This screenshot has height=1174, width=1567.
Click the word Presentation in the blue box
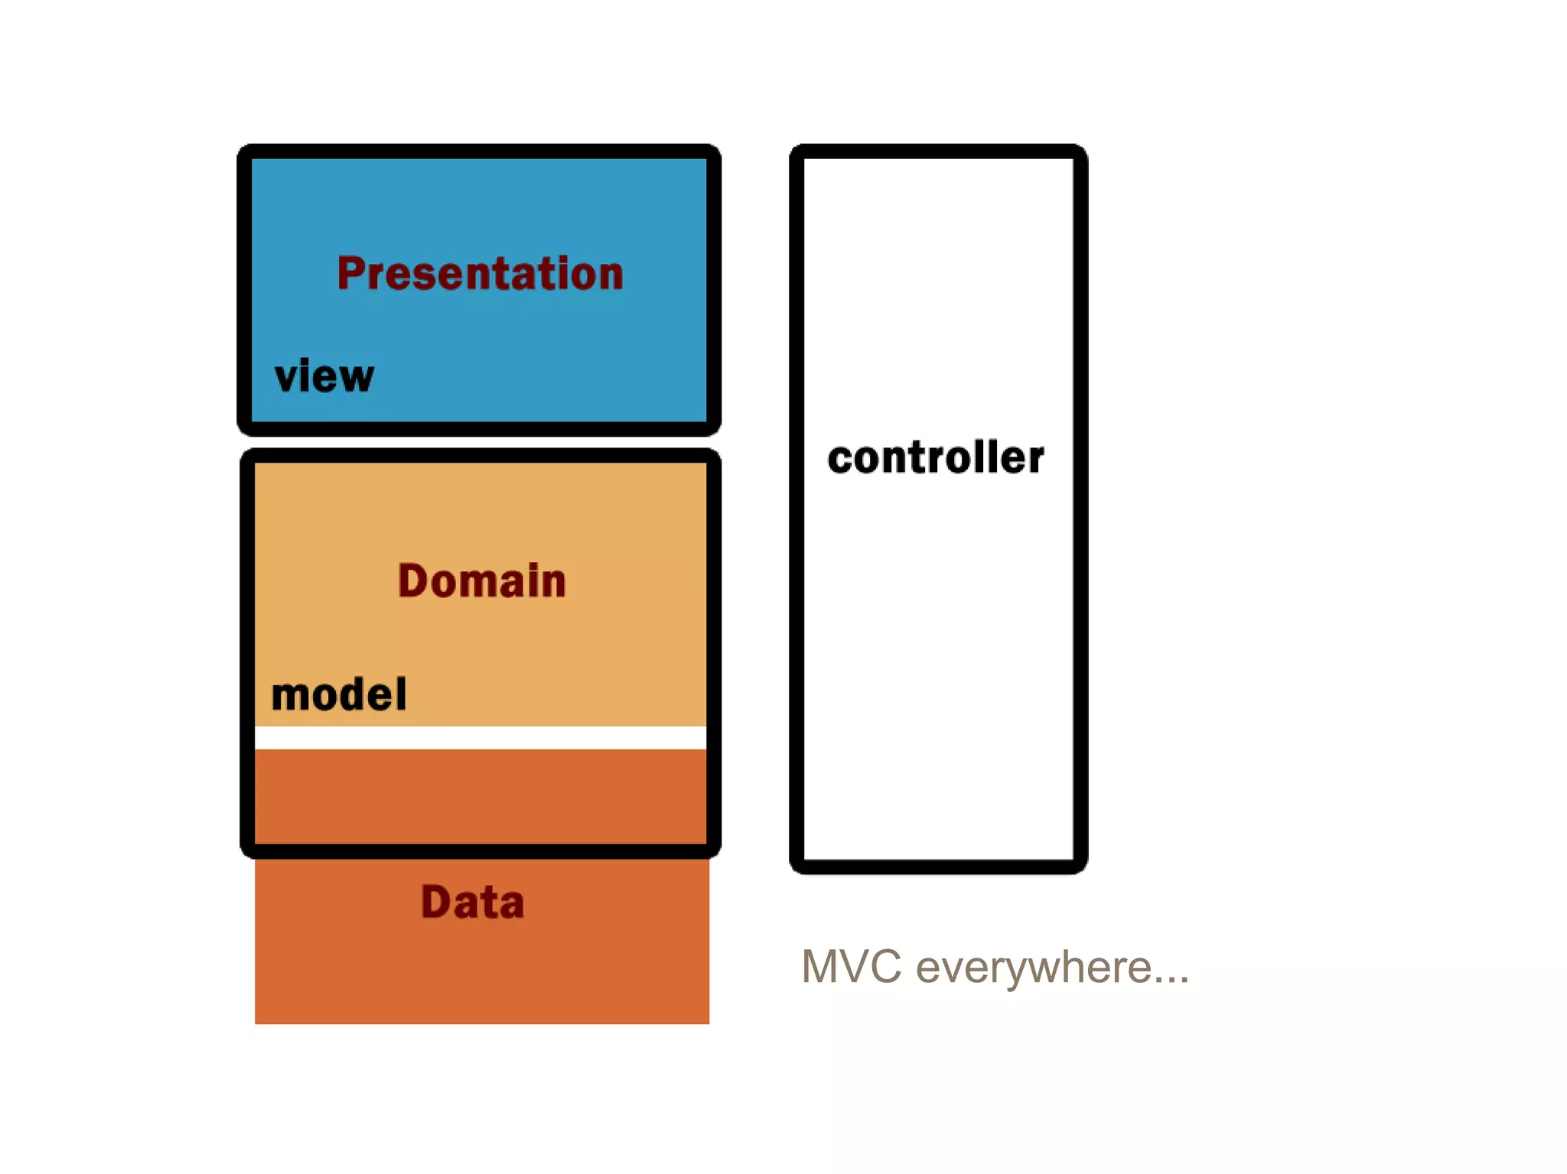pos(480,274)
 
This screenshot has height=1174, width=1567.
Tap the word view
pos(324,376)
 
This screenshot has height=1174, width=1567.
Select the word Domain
pos(481,580)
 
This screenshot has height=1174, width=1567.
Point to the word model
pos(339,694)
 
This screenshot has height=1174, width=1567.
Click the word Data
pos(472,902)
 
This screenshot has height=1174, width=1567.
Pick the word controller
pos(935,458)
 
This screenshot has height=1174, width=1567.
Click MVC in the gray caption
pos(851,967)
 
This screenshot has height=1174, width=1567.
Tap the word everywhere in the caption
pos(1033,968)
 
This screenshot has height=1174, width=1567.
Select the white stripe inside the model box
pos(480,737)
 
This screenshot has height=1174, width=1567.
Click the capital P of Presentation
pos(350,274)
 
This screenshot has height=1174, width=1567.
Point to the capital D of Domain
pos(412,580)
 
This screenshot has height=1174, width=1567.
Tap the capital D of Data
pos(434,902)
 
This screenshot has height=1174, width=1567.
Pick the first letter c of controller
pos(839,460)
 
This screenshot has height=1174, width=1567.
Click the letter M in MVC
pos(823,967)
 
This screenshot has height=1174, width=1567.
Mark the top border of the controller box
pos(938,151)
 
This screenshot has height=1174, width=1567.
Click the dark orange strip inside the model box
pos(480,795)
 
